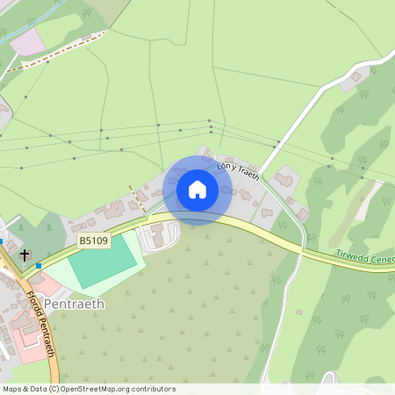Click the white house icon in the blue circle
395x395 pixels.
click(197, 190)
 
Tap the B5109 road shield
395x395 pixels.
click(94, 240)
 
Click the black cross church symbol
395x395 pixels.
click(25, 255)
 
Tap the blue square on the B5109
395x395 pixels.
click(39, 265)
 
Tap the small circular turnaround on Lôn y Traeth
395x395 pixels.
click(264, 212)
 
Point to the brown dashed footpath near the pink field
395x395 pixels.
click(61, 53)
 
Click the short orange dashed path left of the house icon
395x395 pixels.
click(137, 197)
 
